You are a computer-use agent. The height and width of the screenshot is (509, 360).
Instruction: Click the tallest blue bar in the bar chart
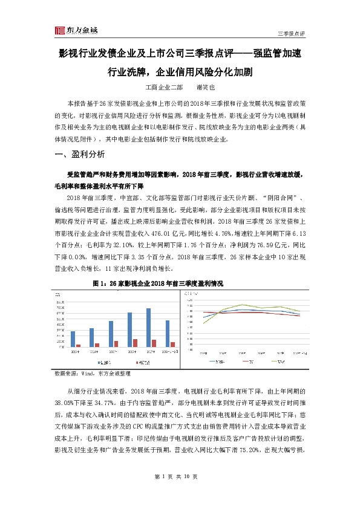coord(148,327)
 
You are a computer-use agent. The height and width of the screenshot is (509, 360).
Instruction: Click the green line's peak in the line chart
coord(243,305)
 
